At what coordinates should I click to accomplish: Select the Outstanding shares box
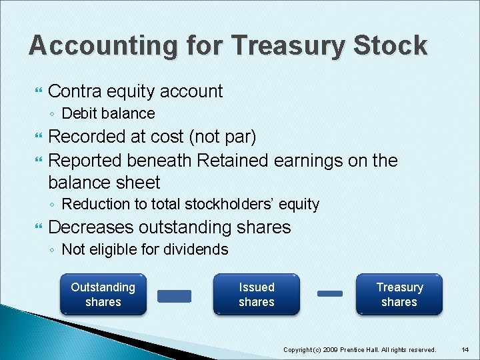click(103, 295)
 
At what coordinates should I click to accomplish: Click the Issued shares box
click(257, 295)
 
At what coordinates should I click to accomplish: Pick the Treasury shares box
click(399, 295)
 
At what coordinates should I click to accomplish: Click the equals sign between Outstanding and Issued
click(174, 295)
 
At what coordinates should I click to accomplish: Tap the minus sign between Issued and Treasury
click(329, 293)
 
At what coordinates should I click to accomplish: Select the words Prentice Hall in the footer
click(370, 349)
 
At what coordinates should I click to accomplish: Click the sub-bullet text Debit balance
click(108, 113)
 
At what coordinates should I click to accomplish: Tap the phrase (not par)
click(222, 137)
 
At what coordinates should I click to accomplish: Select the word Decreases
click(91, 227)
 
